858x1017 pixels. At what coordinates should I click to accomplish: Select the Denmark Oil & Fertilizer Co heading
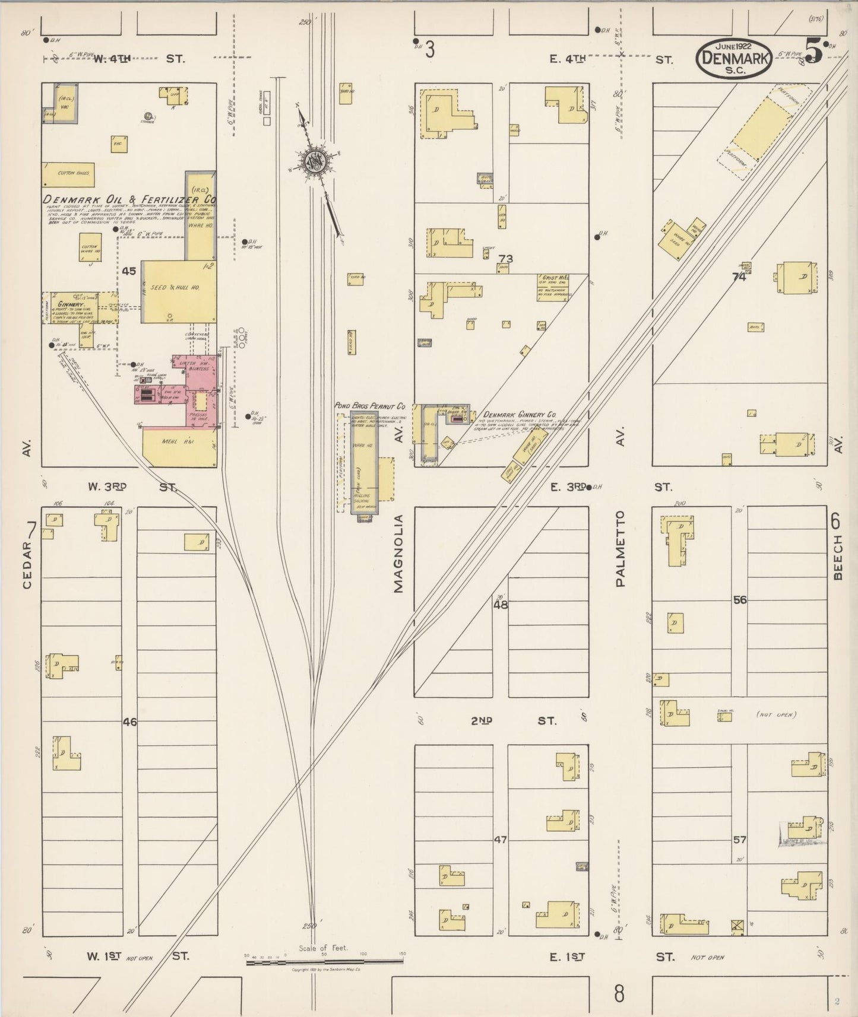click(x=129, y=199)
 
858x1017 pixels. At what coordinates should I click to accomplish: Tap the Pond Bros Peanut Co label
click(x=369, y=406)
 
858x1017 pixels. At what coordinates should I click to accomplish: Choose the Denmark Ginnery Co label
click(x=519, y=415)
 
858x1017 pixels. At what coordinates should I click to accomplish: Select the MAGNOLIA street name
click(x=398, y=553)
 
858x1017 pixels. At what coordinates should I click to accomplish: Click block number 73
click(x=506, y=259)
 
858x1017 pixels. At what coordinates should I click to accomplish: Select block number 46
click(x=129, y=722)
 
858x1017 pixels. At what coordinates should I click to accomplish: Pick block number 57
click(x=739, y=840)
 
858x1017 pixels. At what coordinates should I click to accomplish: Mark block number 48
click(x=501, y=605)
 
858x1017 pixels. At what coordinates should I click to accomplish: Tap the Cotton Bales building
click(x=69, y=173)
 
